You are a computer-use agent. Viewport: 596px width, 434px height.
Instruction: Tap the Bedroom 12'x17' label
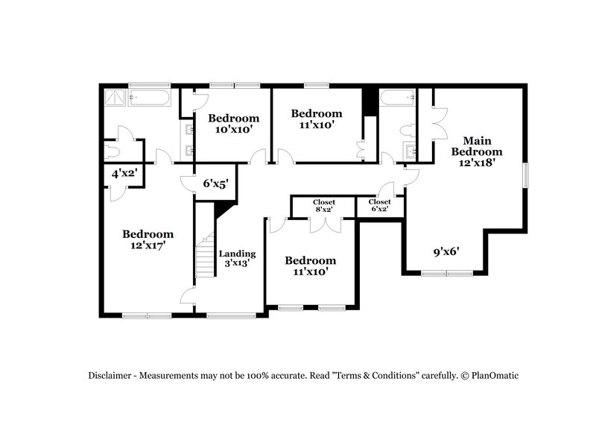tap(148, 239)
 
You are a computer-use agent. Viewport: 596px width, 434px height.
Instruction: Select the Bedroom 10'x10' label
tap(233, 123)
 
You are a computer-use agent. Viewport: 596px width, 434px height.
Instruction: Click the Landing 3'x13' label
tap(238, 258)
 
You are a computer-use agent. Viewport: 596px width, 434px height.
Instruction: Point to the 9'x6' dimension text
tap(446, 251)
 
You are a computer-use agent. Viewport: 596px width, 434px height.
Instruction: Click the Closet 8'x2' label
tap(323, 206)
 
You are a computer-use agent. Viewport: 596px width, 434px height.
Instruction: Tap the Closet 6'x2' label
tap(379, 206)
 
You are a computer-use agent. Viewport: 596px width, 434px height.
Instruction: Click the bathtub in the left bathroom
tap(150, 96)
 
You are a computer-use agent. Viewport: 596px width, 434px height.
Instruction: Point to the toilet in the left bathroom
tap(112, 151)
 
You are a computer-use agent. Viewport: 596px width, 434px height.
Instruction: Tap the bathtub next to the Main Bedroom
tap(396, 97)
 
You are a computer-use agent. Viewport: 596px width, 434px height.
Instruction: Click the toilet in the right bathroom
tap(408, 130)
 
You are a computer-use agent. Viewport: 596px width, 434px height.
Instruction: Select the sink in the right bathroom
tap(409, 152)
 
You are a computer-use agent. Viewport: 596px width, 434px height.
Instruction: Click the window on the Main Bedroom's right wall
tap(526, 175)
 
